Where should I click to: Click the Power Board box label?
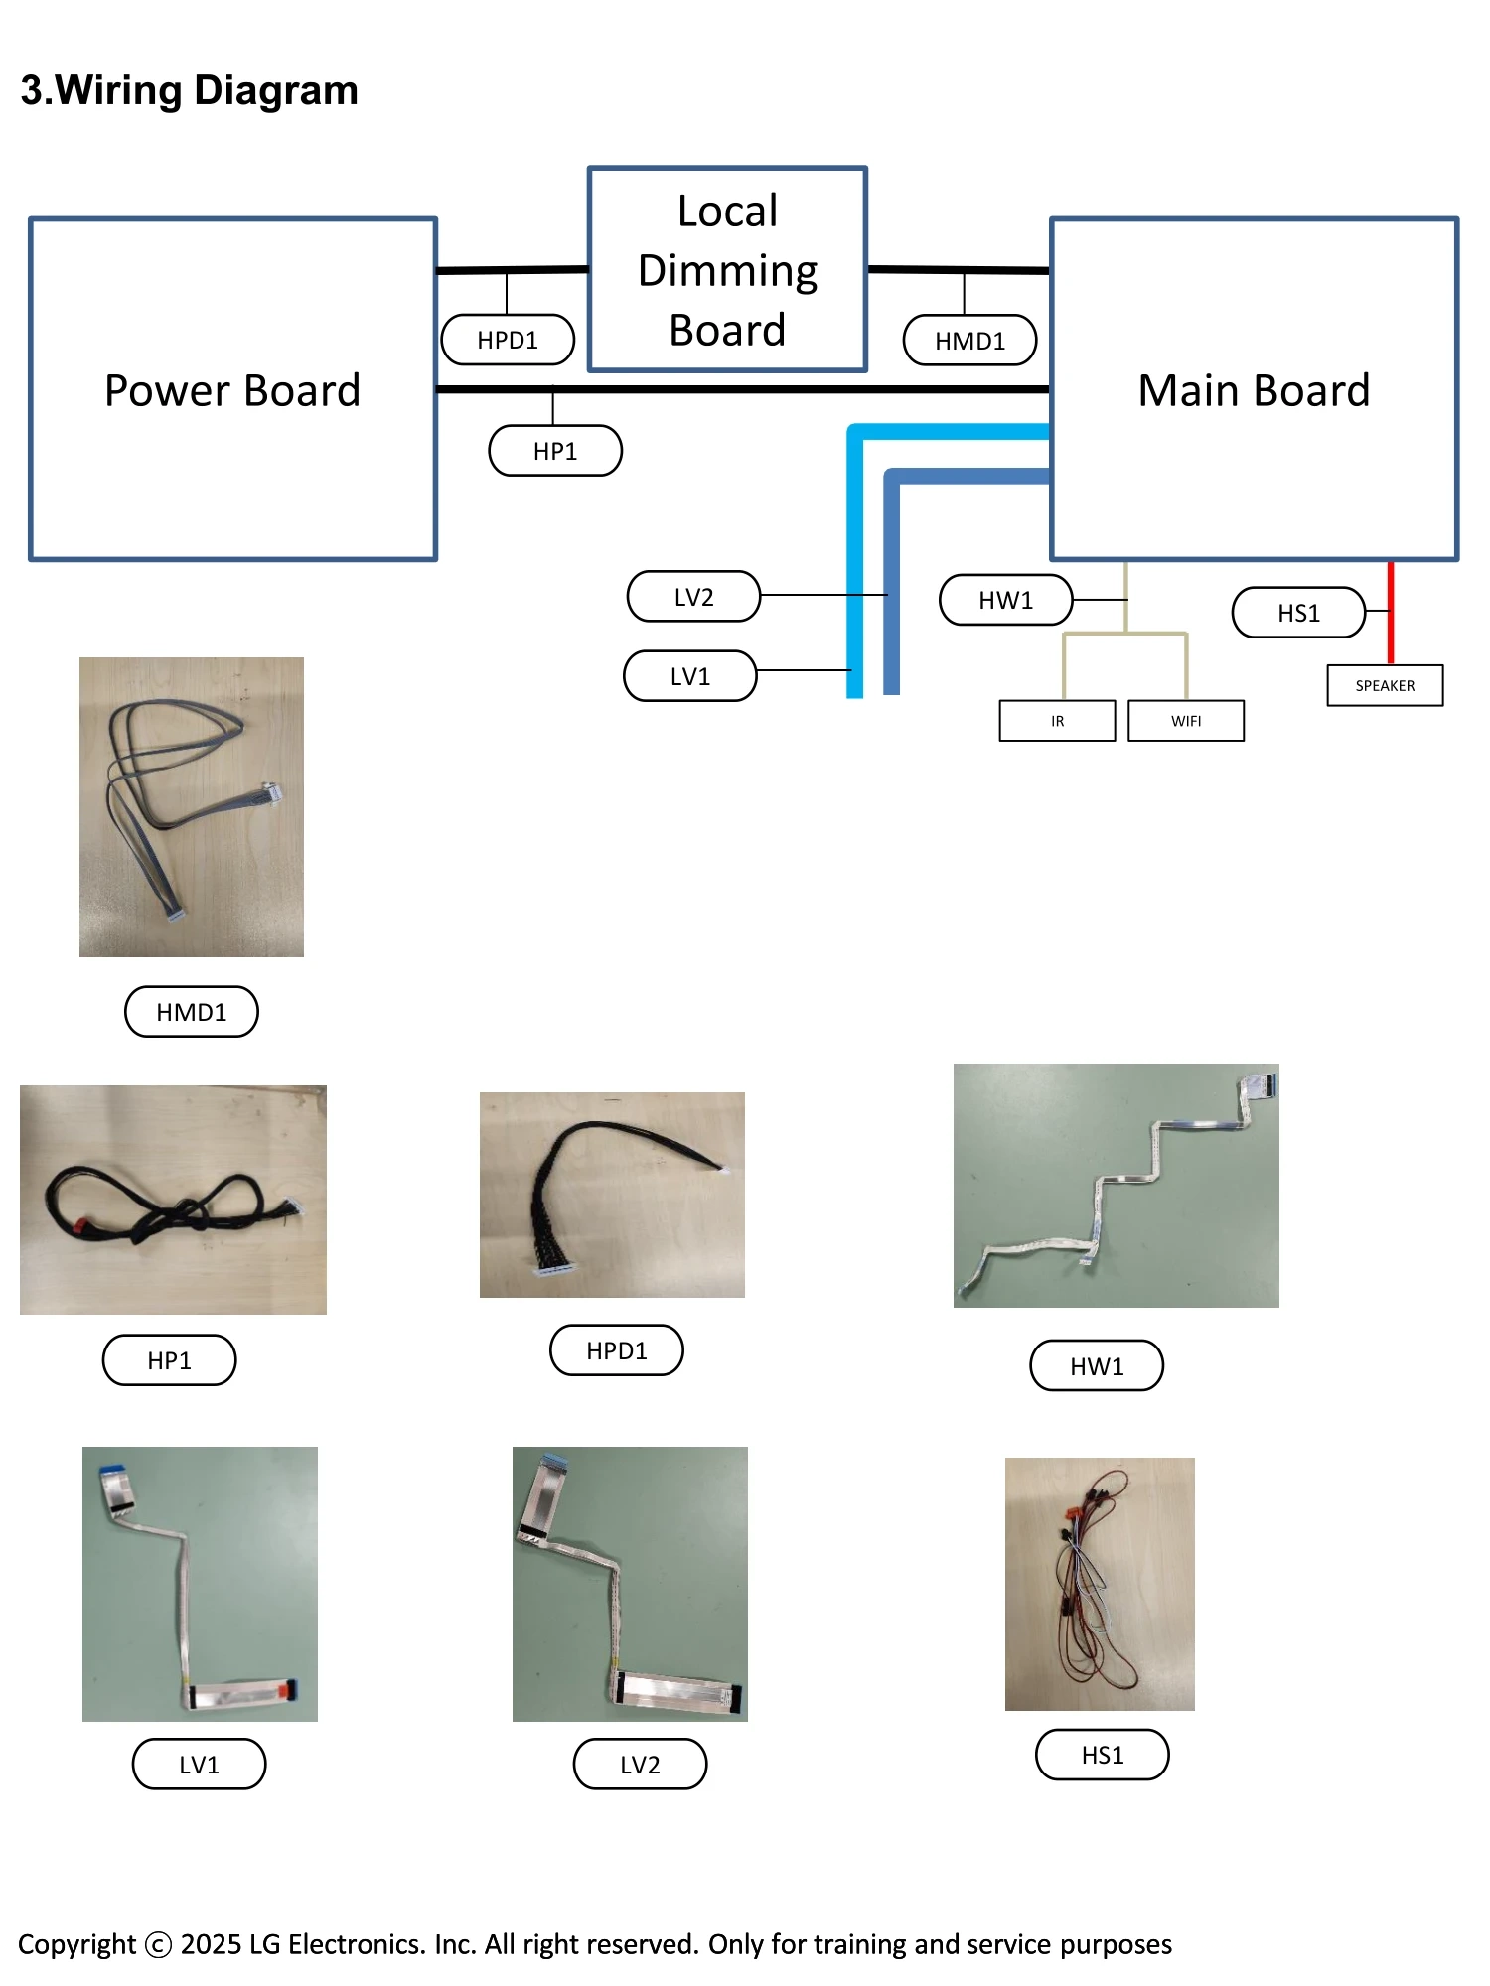coord(232,390)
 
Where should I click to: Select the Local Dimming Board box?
coord(727,270)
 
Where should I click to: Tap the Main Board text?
coord(1254,390)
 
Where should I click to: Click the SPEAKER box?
coord(1385,685)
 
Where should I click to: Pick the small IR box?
coord(1057,721)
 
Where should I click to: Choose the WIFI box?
coord(1186,721)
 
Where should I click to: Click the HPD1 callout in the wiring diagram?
coord(508,340)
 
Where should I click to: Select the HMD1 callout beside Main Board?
coord(969,341)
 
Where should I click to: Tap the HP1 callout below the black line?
coord(555,451)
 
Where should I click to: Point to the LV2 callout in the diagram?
coord(693,597)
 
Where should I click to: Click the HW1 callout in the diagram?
coord(1005,600)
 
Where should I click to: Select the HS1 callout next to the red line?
coord(1298,613)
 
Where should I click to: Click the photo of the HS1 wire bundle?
coord(1100,1584)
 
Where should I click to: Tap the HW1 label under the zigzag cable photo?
coord(1097,1366)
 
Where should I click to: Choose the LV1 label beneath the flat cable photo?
coord(199,1765)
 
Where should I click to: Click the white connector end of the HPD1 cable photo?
coord(551,1270)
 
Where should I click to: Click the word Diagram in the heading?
coord(275,90)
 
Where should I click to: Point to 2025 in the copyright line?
coord(211,1943)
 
